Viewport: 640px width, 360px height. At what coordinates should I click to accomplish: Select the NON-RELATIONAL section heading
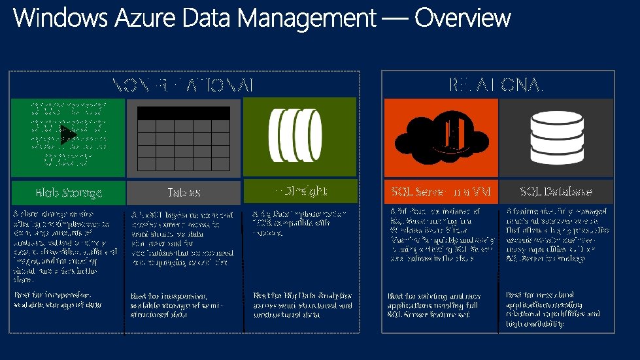183,85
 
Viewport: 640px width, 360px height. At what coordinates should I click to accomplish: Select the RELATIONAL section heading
497,84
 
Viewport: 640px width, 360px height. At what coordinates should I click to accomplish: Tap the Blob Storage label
69,193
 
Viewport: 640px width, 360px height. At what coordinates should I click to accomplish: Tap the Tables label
184,193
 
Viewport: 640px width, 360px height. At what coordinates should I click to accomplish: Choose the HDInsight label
300,191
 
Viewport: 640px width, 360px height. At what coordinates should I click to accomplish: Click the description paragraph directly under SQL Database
558,235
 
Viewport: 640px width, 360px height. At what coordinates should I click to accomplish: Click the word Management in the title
311,18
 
